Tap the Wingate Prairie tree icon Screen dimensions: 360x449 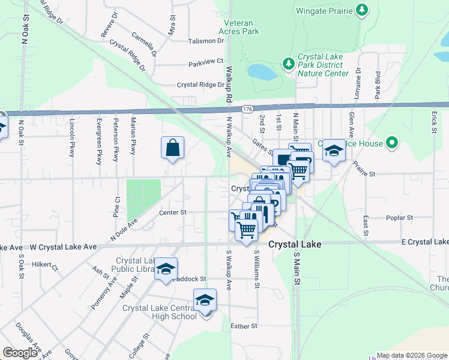coord(361,10)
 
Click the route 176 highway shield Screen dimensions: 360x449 coord(247,109)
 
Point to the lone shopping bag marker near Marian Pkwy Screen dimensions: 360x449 coord(172,148)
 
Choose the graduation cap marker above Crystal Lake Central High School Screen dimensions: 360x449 coord(205,299)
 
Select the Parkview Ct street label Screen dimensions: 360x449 coord(205,62)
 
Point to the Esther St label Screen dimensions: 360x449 coord(244,326)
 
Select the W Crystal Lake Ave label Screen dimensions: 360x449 coord(63,247)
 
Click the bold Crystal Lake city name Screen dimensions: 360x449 coord(294,245)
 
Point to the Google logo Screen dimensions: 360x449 coord(20,353)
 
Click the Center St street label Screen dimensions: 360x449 coord(173,212)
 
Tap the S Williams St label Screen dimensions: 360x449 coord(256,269)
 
